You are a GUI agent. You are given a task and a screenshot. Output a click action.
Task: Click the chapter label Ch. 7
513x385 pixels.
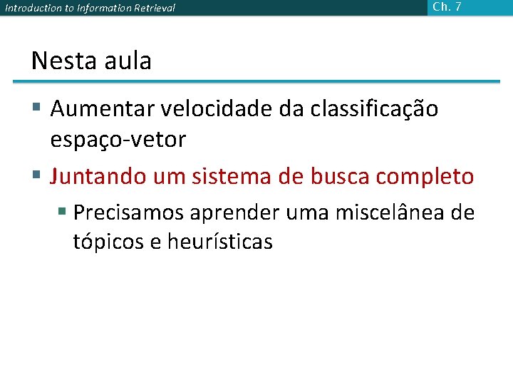(447, 7)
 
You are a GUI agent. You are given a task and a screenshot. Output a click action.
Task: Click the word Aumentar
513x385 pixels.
(105, 110)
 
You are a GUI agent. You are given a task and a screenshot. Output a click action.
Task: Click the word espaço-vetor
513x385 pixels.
(118, 140)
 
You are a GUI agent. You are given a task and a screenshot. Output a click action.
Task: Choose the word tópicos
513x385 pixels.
(108, 242)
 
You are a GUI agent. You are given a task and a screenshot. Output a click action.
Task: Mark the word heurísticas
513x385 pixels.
(220, 242)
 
